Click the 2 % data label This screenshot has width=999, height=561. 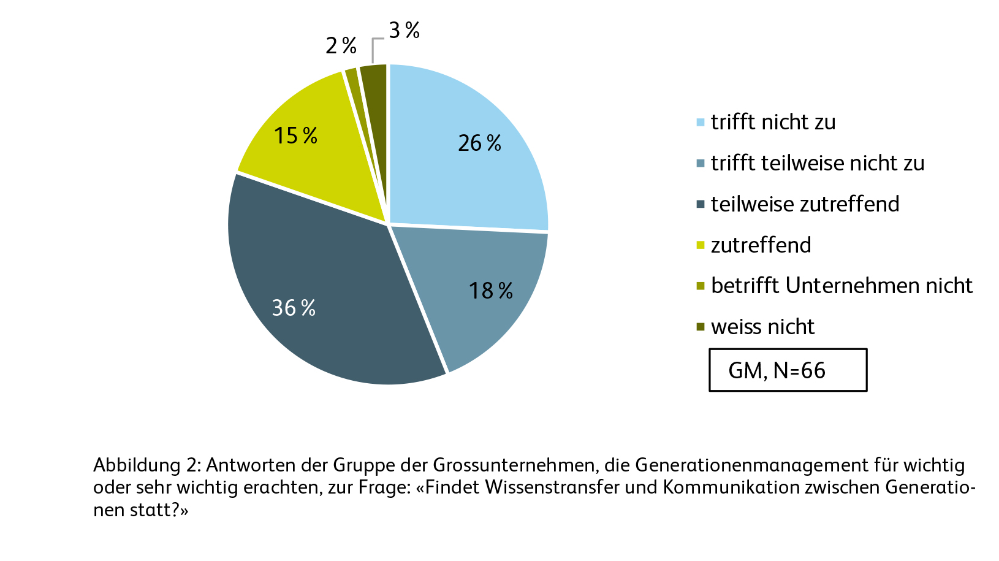click(x=341, y=45)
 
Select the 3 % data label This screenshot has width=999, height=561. click(x=404, y=30)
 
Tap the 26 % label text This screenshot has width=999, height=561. click(x=479, y=143)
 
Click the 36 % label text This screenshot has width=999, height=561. click(x=294, y=307)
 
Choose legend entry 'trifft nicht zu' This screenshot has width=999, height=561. click(x=773, y=122)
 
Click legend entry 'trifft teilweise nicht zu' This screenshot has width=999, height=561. click(x=817, y=163)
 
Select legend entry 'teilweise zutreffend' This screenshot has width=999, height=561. click(x=805, y=204)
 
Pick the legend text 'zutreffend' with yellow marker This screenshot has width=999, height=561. click(x=761, y=245)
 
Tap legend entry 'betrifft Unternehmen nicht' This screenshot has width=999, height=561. click(x=841, y=286)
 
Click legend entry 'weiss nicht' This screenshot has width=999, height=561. click(x=762, y=327)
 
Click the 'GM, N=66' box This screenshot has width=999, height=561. click(x=788, y=370)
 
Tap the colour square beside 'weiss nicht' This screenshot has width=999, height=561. click(x=701, y=327)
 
